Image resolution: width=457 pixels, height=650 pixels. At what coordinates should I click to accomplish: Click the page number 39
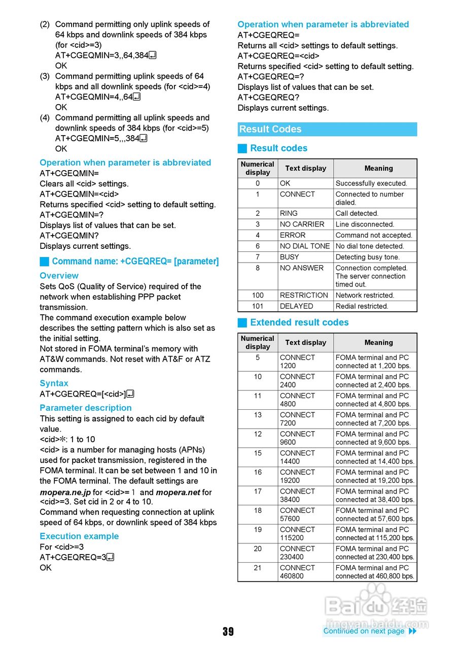[x=228, y=631]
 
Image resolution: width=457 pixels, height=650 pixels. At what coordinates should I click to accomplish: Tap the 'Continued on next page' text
[x=364, y=631]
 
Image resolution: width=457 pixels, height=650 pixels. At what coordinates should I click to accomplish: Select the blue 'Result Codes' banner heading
[x=327, y=129]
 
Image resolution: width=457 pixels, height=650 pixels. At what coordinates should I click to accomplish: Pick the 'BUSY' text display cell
[x=290, y=257]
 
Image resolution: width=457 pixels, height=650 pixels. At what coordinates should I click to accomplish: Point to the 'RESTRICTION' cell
[x=304, y=295]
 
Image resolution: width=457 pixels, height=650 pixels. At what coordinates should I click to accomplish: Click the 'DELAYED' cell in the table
[x=296, y=306]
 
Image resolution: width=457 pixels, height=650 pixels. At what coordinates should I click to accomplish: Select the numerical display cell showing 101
[x=258, y=306]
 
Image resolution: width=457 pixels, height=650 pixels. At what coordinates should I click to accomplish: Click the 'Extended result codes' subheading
[x=299, y=322]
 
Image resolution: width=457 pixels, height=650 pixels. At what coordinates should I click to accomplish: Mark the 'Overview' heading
[x=59, y=276]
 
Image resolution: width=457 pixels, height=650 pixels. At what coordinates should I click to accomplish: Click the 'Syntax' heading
[x=54, y=383]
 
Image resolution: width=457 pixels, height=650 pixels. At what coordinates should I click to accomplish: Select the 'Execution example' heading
[x=79, y=536]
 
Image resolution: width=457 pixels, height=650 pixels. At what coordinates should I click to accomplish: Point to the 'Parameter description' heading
[x=86, y=408]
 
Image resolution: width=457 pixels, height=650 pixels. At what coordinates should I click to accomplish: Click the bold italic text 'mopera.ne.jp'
[x=65, y=492]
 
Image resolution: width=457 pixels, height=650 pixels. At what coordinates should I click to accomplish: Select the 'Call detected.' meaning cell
[x=357, y=213]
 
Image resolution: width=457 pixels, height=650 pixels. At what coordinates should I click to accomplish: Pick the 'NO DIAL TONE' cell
[x=305, y=246]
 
